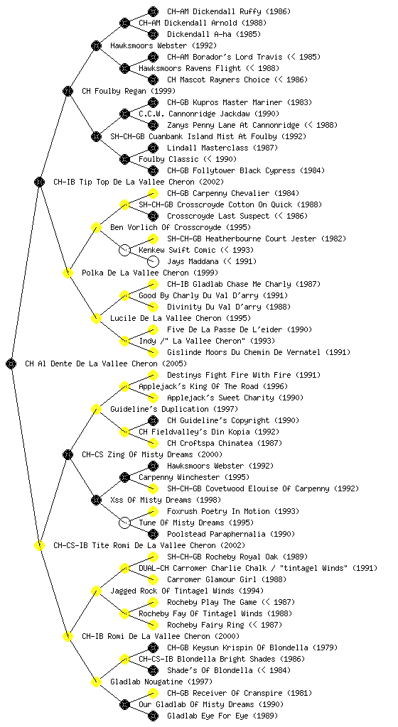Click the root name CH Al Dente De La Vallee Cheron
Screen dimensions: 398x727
click(x=91, y=364)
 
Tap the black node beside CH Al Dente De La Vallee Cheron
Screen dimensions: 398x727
click(x=11, y=364)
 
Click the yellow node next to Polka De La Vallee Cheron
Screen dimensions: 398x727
click(x=68, y=273)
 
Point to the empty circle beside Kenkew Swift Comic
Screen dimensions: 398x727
click(x=124, y=251)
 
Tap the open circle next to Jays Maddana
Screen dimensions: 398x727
click(x=153, y=261)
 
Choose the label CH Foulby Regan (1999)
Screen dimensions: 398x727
click(x=129, y=92)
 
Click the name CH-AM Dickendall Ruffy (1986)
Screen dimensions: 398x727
click(x=229, y=11)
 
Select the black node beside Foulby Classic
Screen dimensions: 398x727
click(x=124, y=160)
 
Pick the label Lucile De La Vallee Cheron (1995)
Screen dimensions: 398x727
click(x=181, y=319)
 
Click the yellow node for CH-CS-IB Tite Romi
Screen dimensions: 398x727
click(x=39, y=546)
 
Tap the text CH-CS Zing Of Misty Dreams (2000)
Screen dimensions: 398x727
click(x=152, y=455)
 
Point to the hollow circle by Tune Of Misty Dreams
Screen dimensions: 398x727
click(x=124, y=523)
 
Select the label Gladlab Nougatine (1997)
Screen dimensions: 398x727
click(x=161, y=682)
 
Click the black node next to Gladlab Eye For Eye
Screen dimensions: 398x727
click(x=153, y=716)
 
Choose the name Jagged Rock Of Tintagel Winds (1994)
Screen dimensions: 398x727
click(x=187, y=591)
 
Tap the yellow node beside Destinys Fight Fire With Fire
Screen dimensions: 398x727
click(x=153, y=375)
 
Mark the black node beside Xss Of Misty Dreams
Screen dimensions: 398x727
click(x=96, y=501)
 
